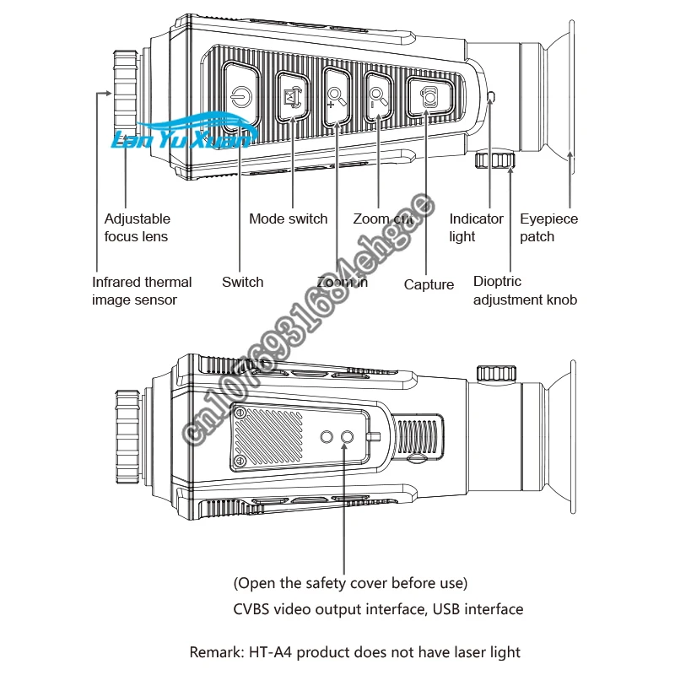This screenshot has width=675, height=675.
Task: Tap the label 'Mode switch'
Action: click(x=288, y=219)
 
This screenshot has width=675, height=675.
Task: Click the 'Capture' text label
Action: click(x=429, y=284)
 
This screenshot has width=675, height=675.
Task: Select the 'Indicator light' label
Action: click(x=476, y=227)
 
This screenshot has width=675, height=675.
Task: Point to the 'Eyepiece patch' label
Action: click(x=548, y=227)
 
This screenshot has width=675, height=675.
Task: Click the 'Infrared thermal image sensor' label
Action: click(x=142, y=290)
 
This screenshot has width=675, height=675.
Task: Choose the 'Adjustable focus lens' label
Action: click(x=137, y=227)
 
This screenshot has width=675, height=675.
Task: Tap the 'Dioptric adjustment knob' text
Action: click(x=525, y=290)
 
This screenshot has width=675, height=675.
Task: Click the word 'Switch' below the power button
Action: click(x=242, y=282)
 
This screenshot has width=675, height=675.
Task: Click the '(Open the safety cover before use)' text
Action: click(x=350, y=583)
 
